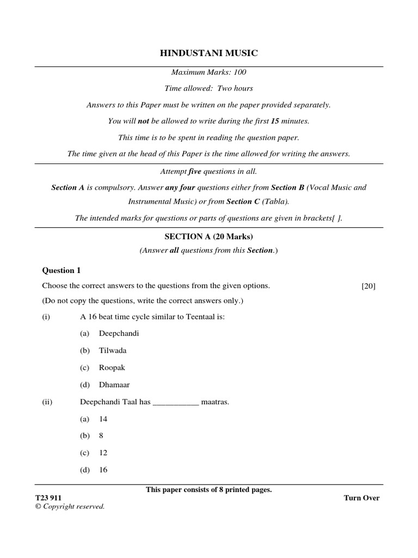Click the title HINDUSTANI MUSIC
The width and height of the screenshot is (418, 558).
tap(208, 53)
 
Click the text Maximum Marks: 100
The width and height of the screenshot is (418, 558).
tap(209, 72)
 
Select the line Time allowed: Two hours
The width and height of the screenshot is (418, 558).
tap(209, 88)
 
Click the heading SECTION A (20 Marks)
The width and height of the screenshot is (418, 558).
tap(209, 236)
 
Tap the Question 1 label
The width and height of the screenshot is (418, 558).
tap(62, 270)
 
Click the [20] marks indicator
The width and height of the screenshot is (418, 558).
tap(368, 286)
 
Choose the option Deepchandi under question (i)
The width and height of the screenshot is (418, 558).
tap(115, 333)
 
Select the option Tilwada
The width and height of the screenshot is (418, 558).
tap(113, 350)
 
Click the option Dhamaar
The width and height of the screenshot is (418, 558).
tap(114, 384)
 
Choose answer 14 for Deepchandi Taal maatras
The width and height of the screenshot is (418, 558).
tap(103, 418)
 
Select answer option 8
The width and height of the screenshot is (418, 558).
tap(101, 435)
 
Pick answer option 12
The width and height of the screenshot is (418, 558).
tap(103, 452)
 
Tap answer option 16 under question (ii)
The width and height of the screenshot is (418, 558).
tap(103, 469)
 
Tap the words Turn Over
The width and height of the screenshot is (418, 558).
tap(361, 498)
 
